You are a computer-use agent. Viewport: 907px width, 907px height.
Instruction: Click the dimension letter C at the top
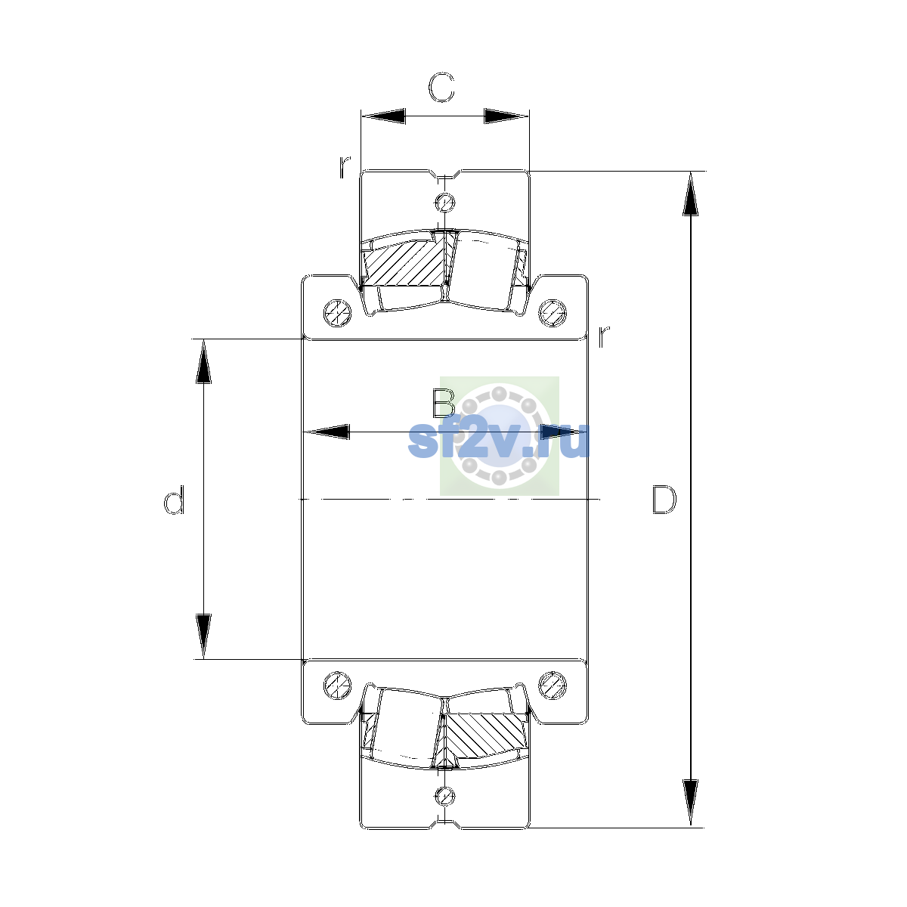441,88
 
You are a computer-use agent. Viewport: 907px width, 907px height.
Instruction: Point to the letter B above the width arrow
444,404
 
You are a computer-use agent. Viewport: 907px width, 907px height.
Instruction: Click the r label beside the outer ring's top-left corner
345,166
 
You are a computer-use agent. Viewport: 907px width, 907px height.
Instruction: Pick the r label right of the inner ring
603,336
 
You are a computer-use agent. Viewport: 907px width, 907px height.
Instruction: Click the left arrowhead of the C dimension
383,116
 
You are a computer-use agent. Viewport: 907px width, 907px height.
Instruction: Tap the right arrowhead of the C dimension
506,116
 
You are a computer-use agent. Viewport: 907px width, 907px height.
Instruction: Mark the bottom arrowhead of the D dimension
691,803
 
